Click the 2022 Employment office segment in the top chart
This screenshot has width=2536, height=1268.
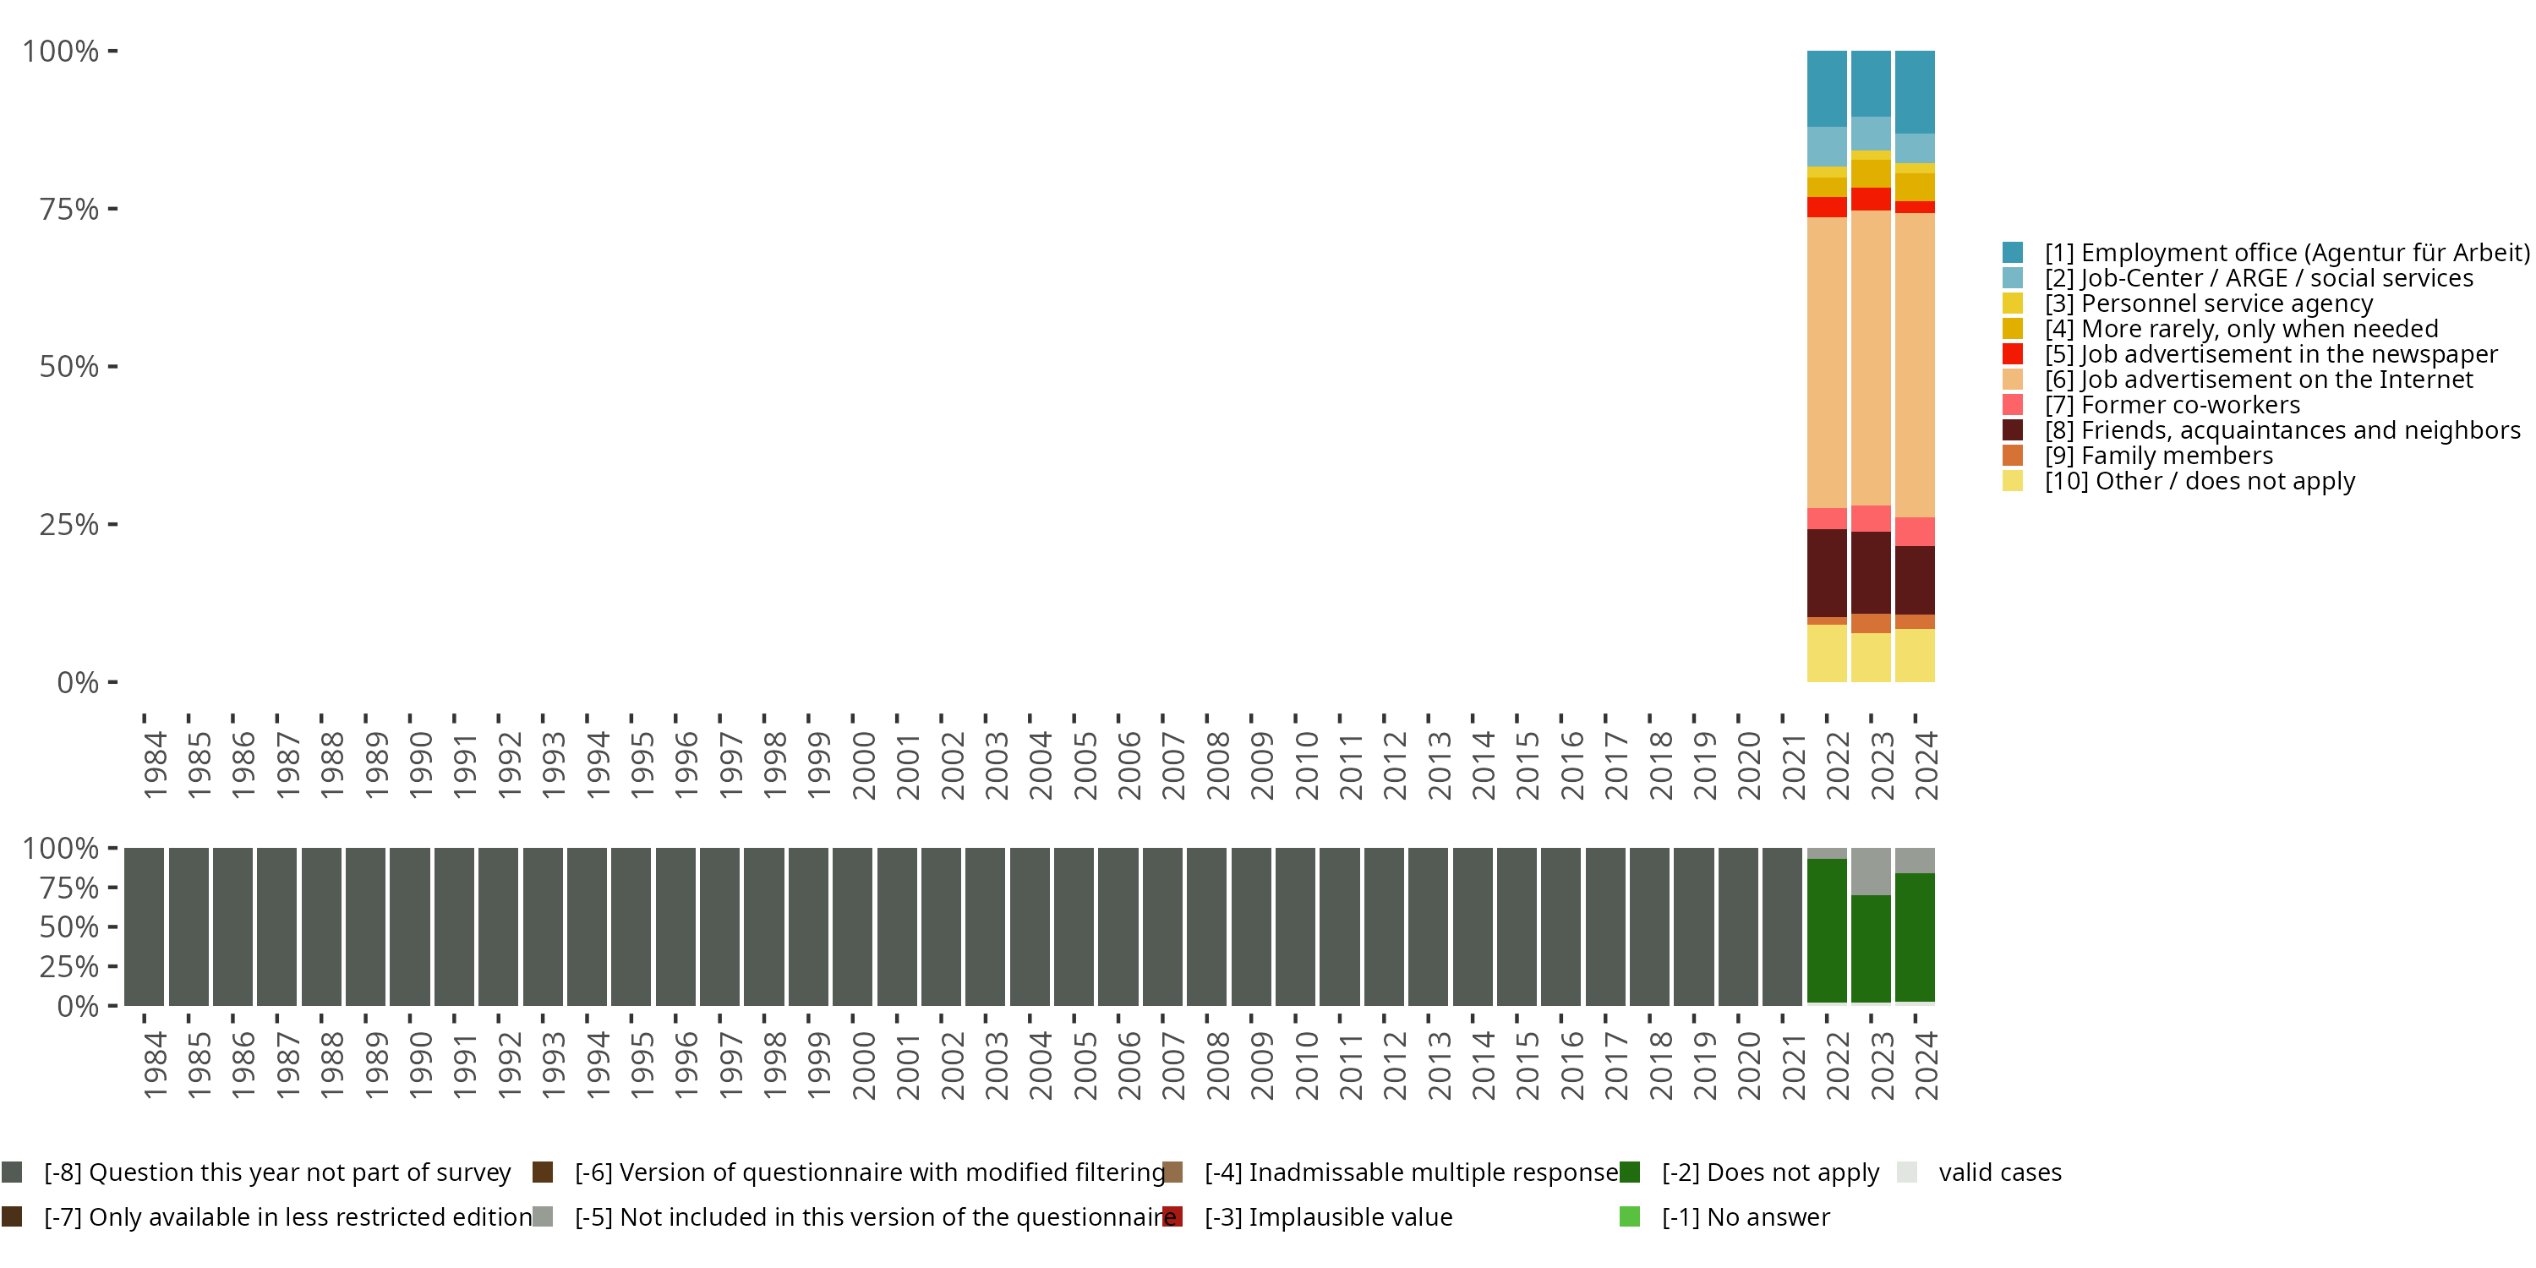click(1826, 89)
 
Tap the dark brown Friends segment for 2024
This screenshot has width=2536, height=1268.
click(1915, 580)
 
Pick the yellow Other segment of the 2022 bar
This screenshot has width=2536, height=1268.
click(1826, 653)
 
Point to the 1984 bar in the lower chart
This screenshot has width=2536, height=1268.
click(144, 926)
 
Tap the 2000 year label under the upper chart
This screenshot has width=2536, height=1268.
click(863, 765)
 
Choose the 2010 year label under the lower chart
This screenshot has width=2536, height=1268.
click(1306, 1065)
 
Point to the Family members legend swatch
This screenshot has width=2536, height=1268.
click(2012, 456)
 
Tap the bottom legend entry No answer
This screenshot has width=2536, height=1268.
click(1746, 1216)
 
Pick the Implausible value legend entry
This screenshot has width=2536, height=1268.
click(1328, 1216)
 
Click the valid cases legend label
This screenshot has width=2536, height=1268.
click(1999, 1172)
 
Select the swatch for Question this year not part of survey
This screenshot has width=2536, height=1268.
click(12, 1172)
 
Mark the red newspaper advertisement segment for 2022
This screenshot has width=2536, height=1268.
click(1826, 207)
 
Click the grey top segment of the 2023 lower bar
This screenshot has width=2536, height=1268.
click(1871, 872)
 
